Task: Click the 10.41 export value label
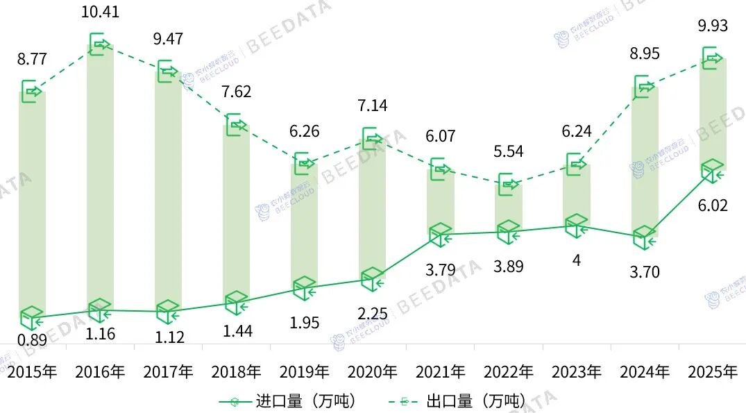(100, 12)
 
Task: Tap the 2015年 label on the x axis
(32, 372)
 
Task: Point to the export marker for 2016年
(100, 45)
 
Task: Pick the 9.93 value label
(713, 26)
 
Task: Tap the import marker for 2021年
(441, 235)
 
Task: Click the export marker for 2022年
(509, 184)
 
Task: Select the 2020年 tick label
(372, 372)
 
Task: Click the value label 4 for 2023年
(576, 261)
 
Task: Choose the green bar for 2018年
(237, 208)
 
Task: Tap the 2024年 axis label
(645, 372)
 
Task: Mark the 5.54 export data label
(509, 151)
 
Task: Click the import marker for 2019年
(304, 287)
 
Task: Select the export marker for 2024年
(645, 86)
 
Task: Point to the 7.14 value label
(372, 106)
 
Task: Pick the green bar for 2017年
(169, 187)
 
